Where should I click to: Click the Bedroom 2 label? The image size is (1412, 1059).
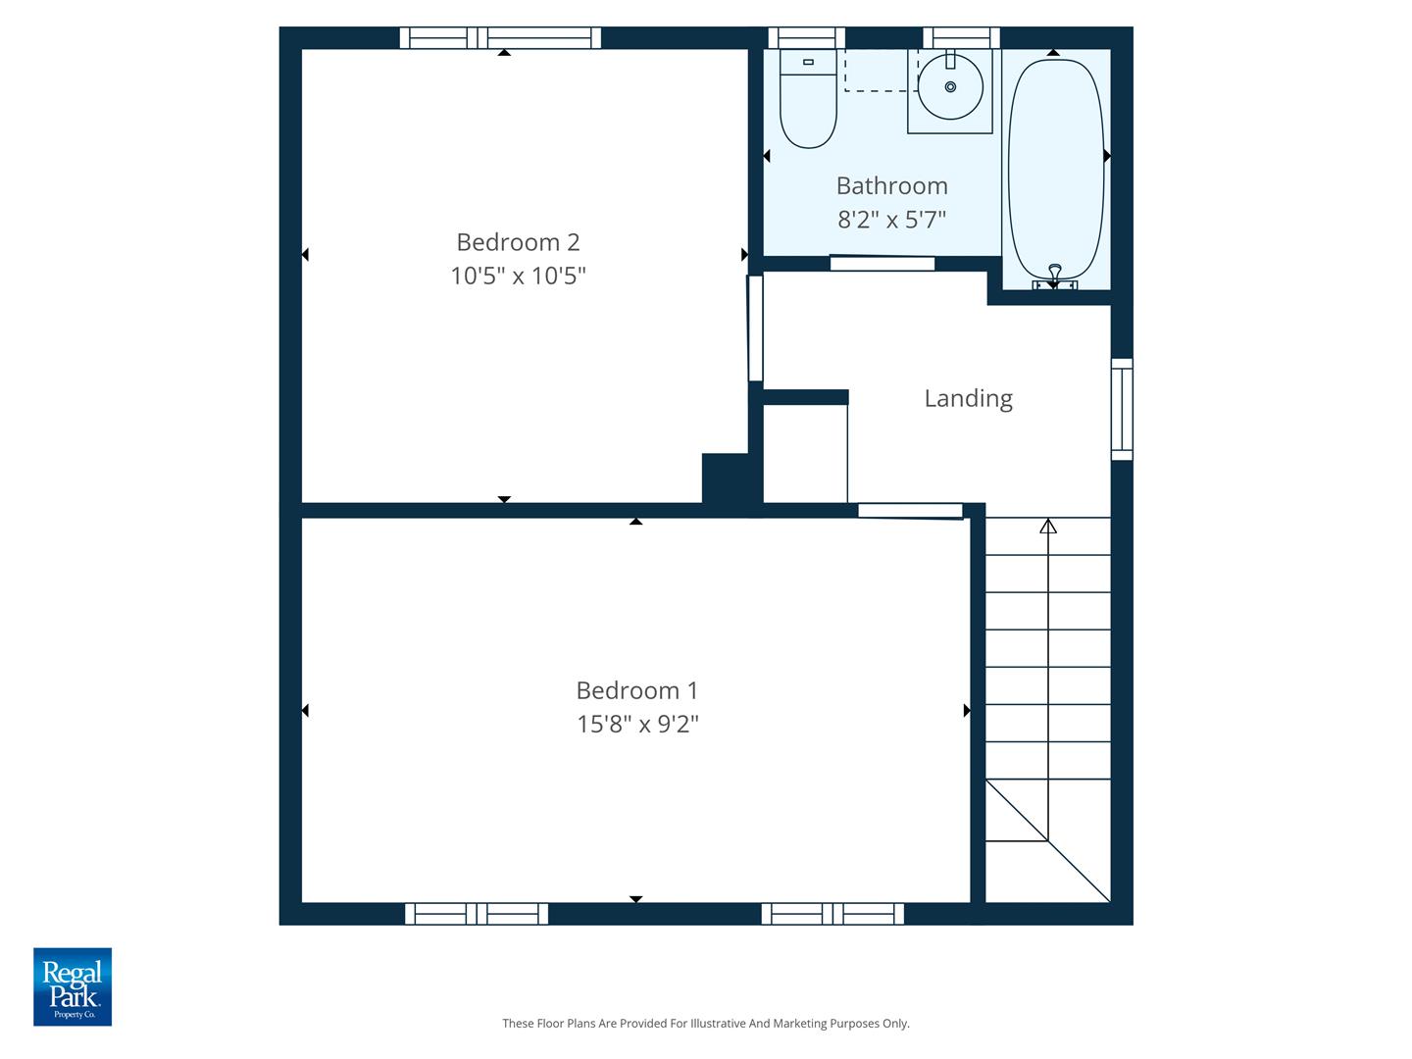[518, 242]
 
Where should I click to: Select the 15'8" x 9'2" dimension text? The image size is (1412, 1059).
[637, 725]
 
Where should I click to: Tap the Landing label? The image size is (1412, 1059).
[968, 398]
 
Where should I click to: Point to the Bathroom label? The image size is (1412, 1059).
[891, 186]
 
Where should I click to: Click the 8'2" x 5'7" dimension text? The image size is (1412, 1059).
[891, 220]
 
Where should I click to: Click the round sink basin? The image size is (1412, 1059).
[950, 87]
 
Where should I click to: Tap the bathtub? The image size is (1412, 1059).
[1056, 167]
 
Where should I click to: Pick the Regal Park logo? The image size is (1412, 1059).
[73, 986]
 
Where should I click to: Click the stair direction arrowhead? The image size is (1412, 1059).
[1048, 527]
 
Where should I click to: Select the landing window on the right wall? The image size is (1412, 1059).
[1122, 409]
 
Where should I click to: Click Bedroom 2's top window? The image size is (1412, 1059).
[500, 38]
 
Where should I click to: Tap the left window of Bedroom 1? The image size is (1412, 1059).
[477, 914]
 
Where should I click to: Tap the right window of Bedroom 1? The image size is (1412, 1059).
[832, 914]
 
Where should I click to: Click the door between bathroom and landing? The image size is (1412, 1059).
[882, 263]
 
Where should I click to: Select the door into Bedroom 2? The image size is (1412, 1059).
[755, 328]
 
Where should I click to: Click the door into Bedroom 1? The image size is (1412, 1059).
[910, 511]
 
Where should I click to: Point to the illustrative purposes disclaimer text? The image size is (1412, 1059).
[705, 1024]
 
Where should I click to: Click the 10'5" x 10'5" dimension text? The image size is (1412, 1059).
[518, 277]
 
